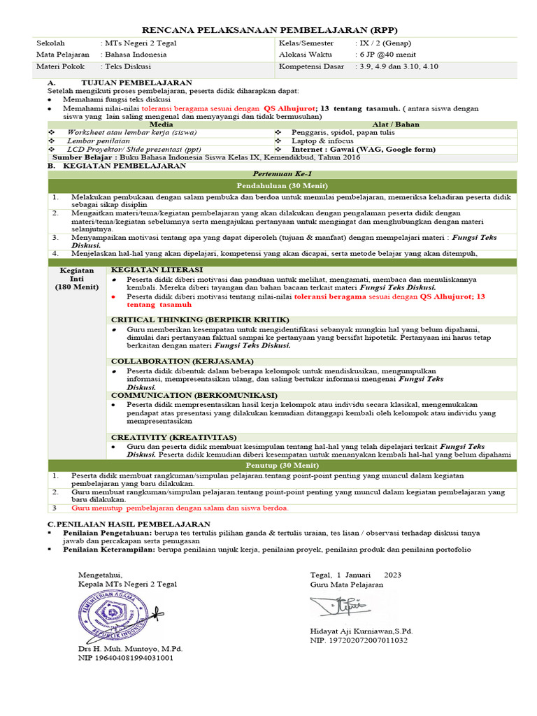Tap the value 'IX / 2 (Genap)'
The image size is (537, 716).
click(383, 43)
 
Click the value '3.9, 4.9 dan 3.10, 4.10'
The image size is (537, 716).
click(398, 66)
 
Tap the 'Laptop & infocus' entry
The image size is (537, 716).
click(323, 141)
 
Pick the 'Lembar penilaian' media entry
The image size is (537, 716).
click(98, 141)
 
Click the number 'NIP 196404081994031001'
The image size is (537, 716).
click(126, 658)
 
